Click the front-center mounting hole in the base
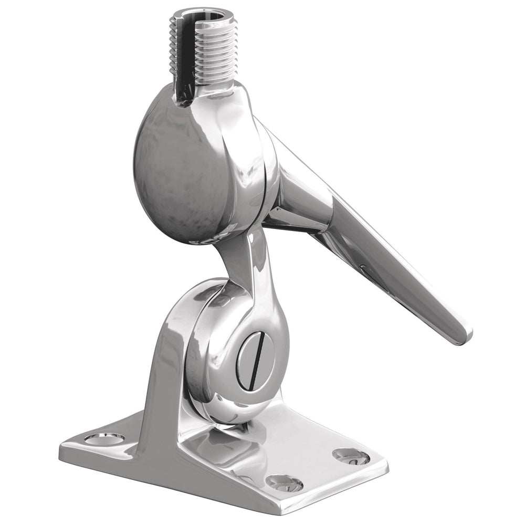pos(283,482)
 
